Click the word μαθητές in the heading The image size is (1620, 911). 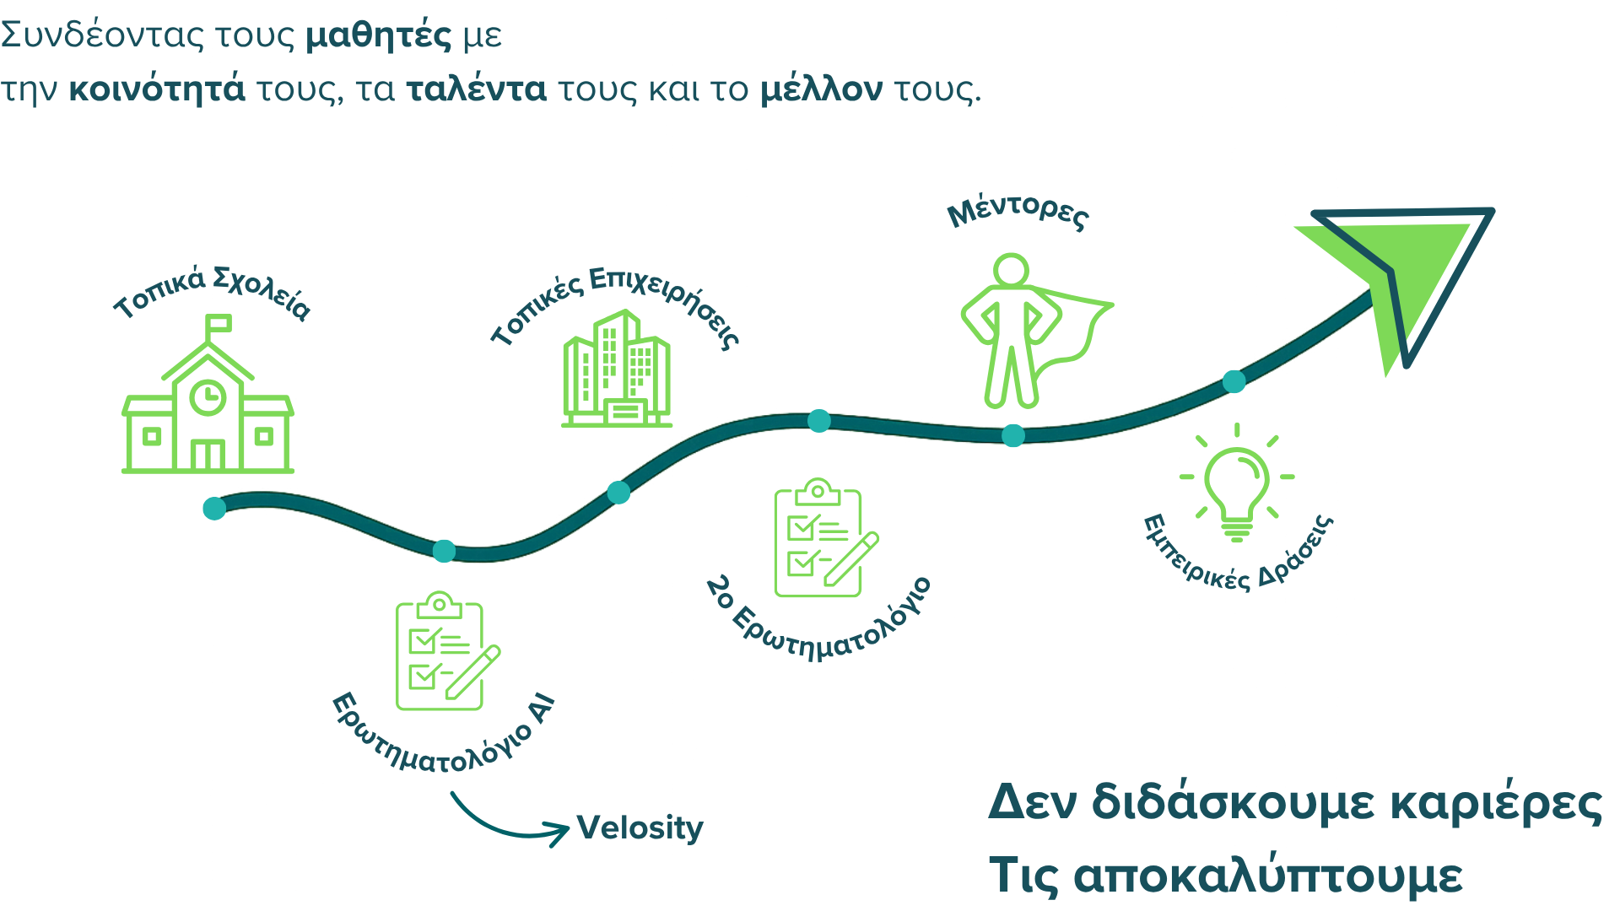(x=379, y=35)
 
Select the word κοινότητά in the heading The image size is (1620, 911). (x=157, y=89)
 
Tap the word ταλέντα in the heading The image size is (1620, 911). (x=476, y=89)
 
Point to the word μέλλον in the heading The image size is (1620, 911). (x=821, y=89)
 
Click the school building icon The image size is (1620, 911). (x=208, y=405)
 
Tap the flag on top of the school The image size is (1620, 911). (x=219, y=324)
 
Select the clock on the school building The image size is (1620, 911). (x=208, y=396)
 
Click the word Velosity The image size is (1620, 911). (x=640, y=828)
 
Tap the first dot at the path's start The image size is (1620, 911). (x=214, y=508)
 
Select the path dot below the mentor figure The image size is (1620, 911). (x=1012, y=435)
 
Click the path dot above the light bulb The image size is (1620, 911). (x=1234, y=381)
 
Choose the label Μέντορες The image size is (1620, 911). (x=1018, y=213)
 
